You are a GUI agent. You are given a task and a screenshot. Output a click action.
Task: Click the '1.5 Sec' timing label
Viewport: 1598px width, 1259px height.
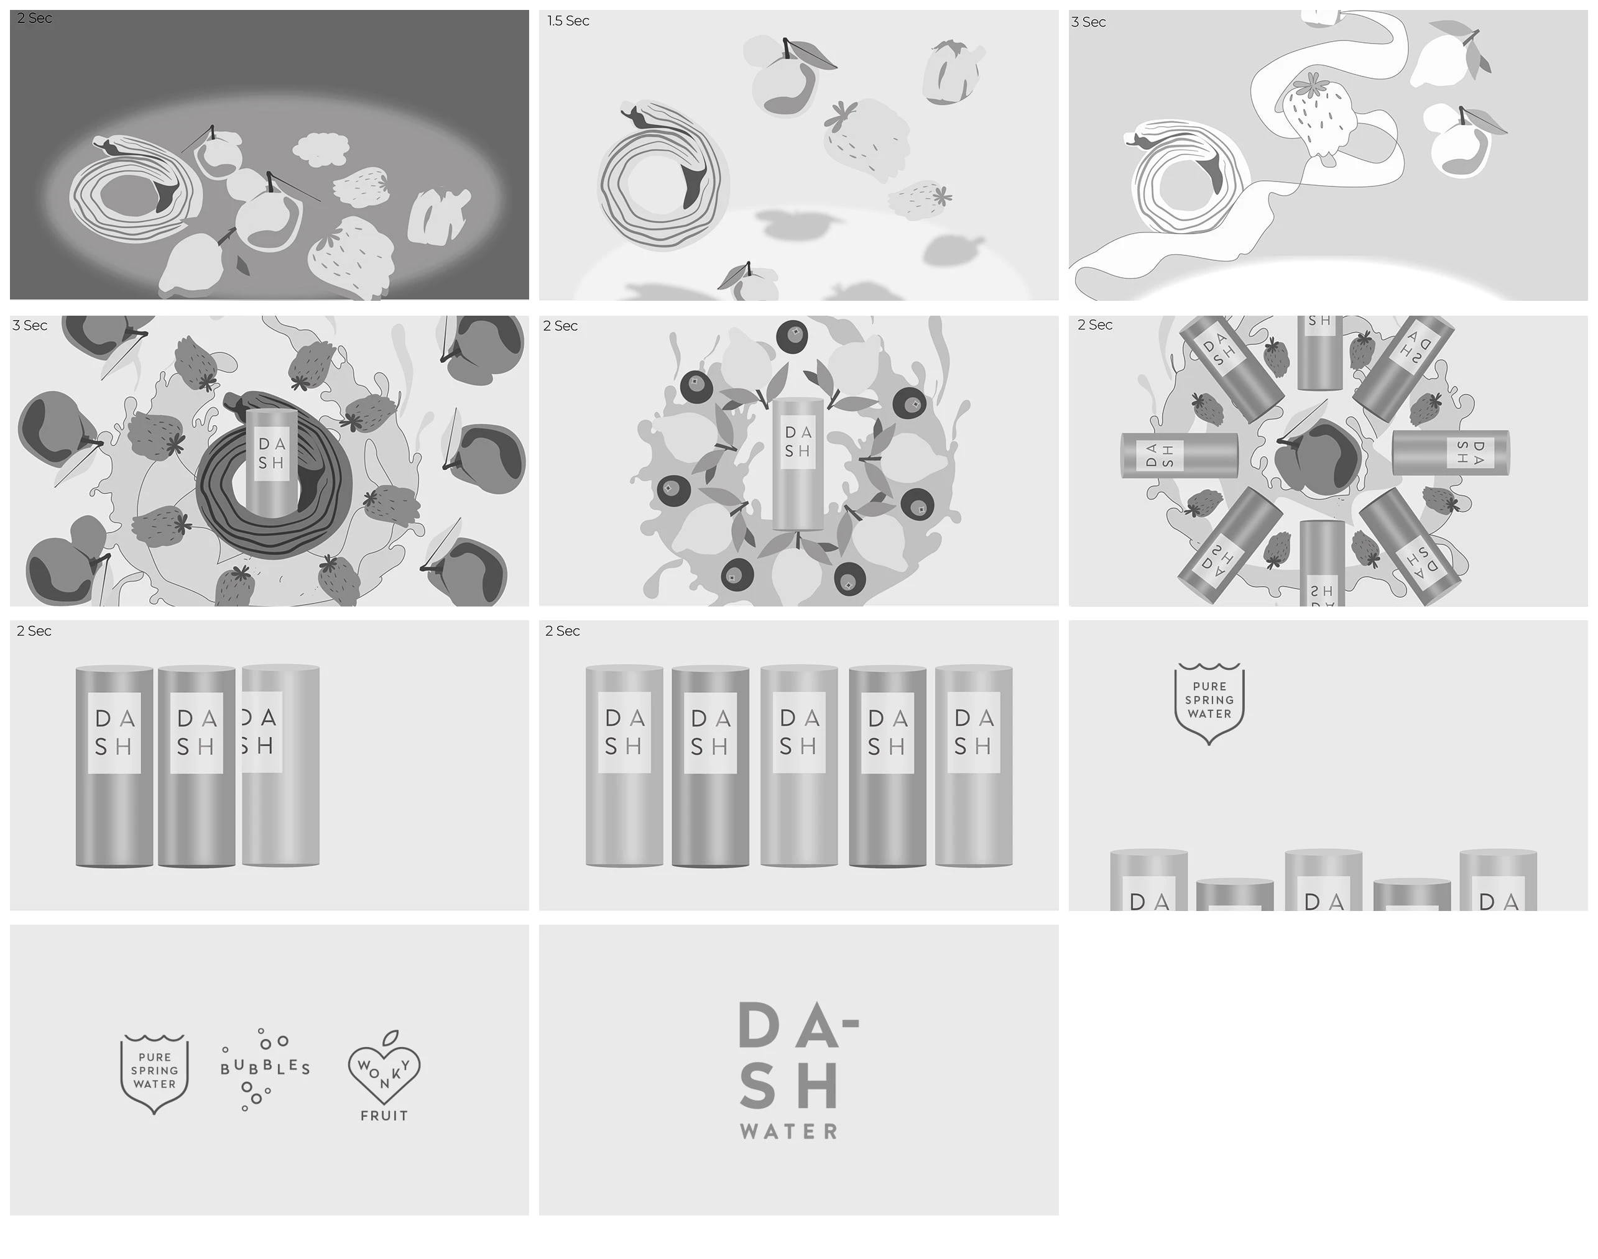pos(568,21)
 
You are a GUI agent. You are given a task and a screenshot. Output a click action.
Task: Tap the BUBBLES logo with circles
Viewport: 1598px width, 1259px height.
pos(265,1068)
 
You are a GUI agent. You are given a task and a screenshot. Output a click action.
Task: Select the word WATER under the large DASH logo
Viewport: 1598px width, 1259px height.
pos(788,1132)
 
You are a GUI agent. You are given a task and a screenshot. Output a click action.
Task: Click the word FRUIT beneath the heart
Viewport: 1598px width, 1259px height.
pos(384,1115)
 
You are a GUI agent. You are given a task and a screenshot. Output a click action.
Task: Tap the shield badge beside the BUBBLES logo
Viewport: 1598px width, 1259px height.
pos(154,1073)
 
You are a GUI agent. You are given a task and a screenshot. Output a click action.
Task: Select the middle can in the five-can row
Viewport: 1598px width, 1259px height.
pos(798,767)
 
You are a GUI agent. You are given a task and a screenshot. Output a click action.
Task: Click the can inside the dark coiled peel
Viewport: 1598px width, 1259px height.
pos(271,464)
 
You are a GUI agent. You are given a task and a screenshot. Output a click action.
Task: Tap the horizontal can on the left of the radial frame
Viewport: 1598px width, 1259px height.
pos(1178,455)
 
